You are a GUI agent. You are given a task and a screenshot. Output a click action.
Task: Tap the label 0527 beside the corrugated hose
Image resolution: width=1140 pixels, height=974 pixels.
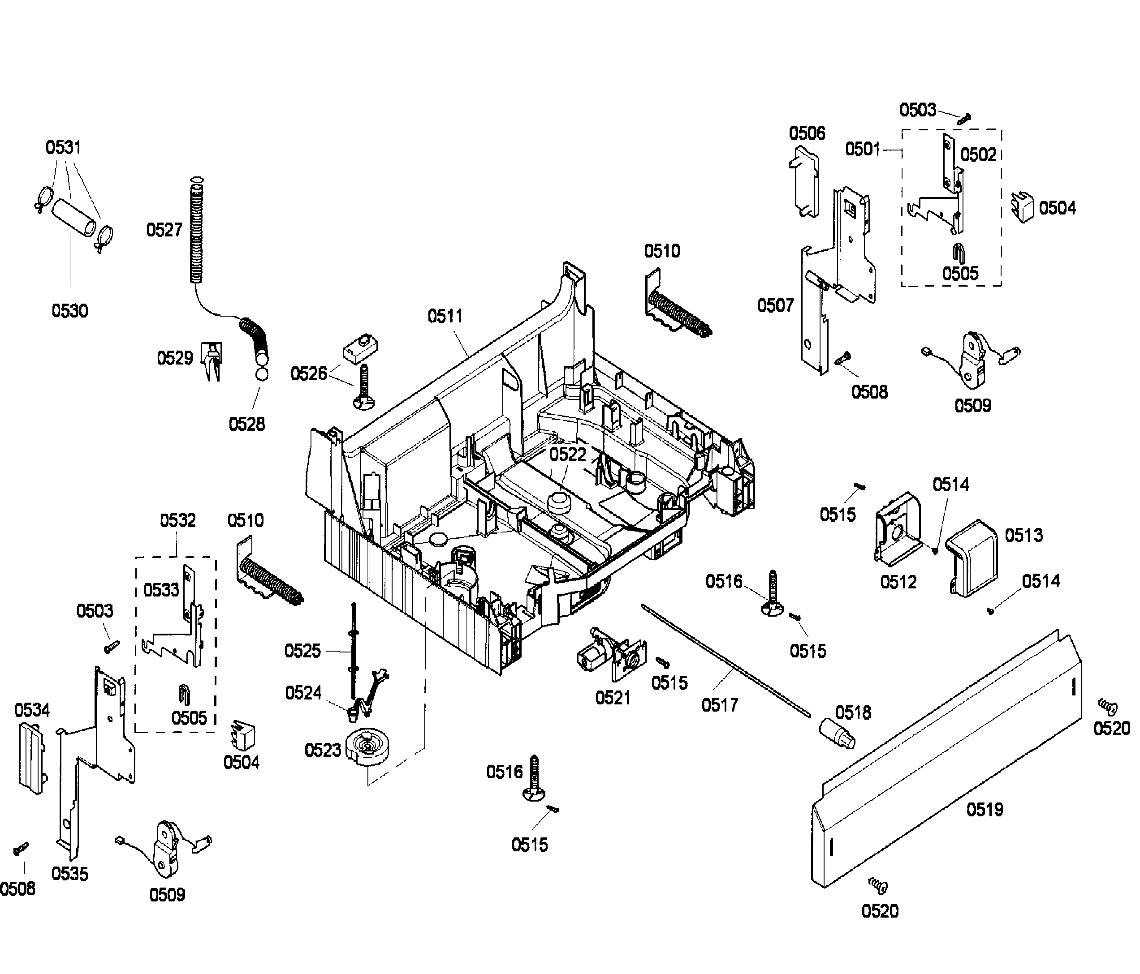click(x=164, y=230)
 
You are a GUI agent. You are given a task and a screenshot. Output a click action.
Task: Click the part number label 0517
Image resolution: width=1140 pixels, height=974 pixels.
click(x=719, y=704)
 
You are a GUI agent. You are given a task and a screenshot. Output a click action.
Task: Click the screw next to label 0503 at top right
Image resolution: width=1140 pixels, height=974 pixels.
click(x=964, y=118)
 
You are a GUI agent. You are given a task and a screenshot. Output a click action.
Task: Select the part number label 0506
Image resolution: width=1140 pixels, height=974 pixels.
click(x=807, y=133)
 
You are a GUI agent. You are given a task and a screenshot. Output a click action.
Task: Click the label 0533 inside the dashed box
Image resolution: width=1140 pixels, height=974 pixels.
click(x=161, y=590)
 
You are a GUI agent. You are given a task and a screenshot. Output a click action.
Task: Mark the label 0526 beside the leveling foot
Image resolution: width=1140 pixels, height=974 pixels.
click(x=308, y=374)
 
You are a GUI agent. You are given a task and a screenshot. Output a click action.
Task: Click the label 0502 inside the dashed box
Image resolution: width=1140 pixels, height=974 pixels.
click(x=978, y=155)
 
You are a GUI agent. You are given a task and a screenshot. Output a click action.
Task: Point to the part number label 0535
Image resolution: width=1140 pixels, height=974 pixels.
click(x=69, y=874)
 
